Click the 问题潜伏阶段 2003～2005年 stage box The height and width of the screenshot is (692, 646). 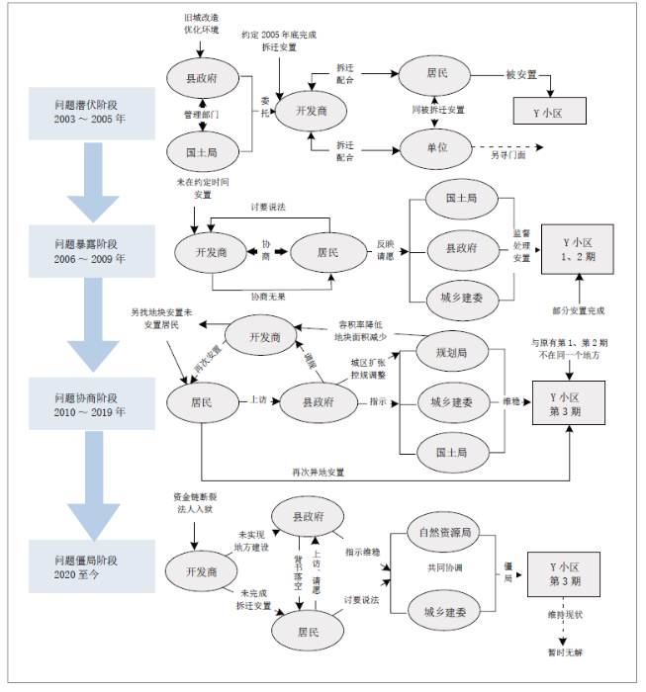coord(91,112)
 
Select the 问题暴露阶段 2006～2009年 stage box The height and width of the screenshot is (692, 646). coord(91,250)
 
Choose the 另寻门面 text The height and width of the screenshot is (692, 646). coord(508,155)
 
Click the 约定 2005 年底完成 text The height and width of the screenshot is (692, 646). coord(279,35)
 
